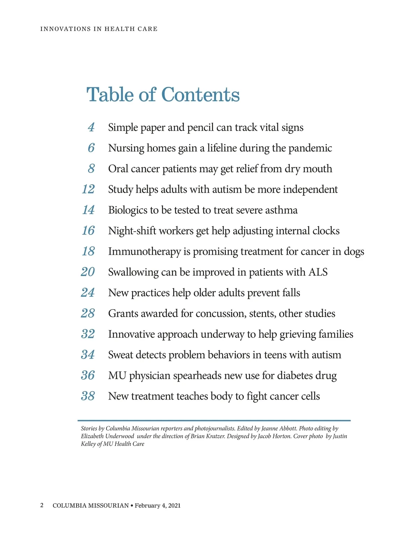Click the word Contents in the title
click(200, 95)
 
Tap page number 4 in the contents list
click(91, 127)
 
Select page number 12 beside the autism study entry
click(88, 189)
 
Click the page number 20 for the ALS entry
click(88, 272)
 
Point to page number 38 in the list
click(88, 396)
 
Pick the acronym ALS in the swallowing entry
click(318, 272)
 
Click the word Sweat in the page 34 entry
click(120, 355)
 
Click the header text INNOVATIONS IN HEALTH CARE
click(99, 29)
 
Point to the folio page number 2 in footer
click(42, 505)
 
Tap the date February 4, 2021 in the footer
click(157, 505)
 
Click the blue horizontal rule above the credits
click(214, 421)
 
